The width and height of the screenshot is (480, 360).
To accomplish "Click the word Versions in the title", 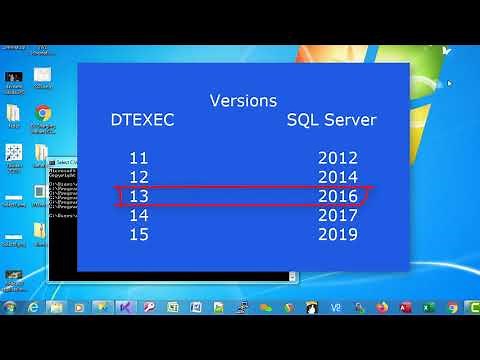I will tap(243, 101).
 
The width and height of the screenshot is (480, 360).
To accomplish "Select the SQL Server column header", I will tap(331, 120).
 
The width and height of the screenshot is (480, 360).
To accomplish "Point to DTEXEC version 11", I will tap(138, 158).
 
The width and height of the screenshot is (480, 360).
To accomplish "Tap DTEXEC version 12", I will tap(138, 177).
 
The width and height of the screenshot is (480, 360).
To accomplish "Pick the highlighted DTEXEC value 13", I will tap(138, 196).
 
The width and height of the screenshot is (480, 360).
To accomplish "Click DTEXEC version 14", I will tap(138, 215).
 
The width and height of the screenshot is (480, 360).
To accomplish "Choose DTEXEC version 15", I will tap(138, 234).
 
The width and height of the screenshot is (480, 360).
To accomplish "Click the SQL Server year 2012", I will tap(337, 158).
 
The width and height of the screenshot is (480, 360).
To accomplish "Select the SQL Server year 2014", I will tap(337, 177).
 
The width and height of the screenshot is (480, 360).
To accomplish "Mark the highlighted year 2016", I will tap(337, 196).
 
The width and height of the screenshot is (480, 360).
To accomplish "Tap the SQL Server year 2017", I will tap(337, 215).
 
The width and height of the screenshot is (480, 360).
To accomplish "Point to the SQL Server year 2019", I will tap(337, 234).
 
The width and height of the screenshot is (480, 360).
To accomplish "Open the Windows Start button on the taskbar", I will tap(10, 307).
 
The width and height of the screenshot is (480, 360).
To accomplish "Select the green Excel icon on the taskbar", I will tap(428, 307).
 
